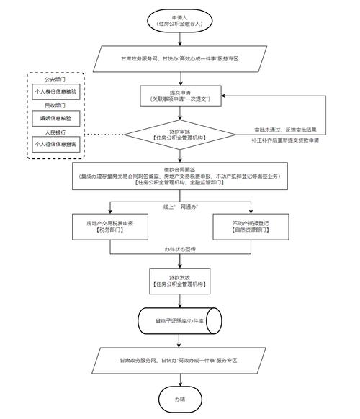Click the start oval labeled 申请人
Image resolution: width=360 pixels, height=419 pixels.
(x=179, y=20)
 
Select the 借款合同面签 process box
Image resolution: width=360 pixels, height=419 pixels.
(x=179, y=176)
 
